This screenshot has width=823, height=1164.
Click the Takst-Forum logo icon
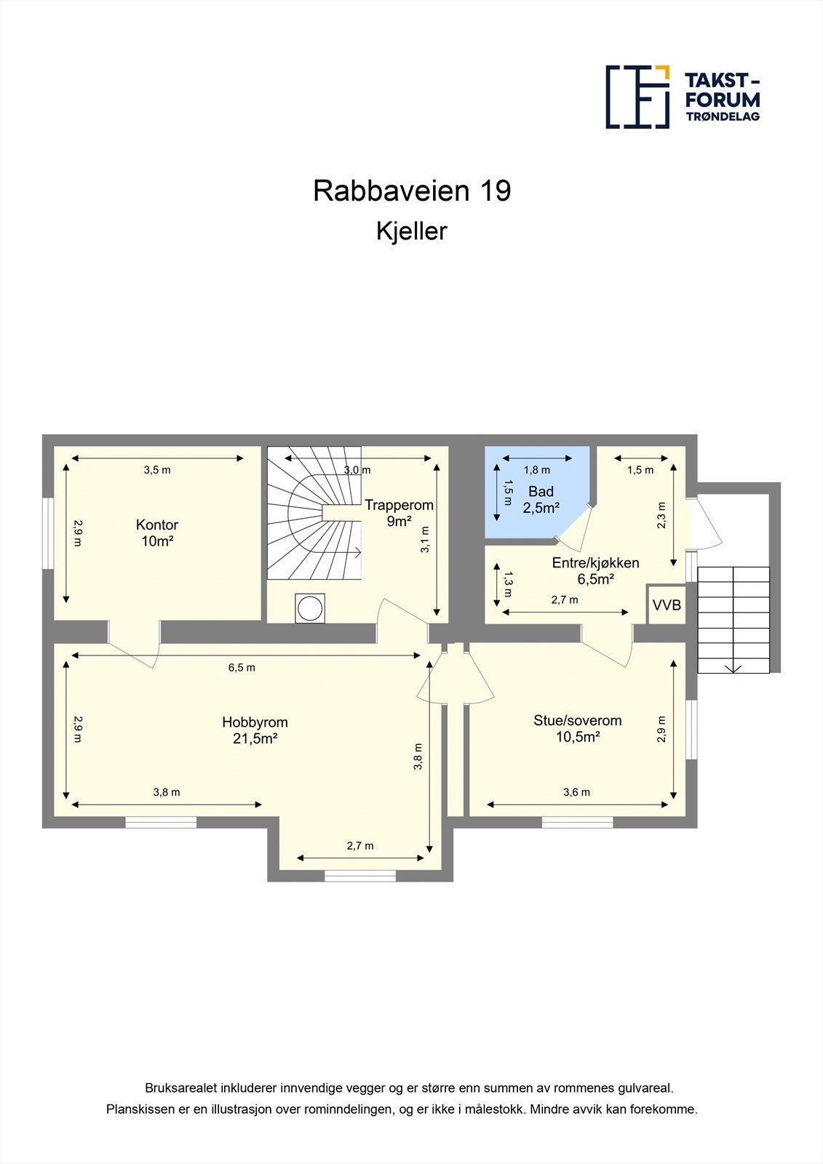click(637, 97)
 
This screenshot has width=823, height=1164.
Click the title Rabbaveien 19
click(412, 191)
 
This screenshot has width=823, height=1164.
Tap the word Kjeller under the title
click(411, 231)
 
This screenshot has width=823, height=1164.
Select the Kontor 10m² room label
click(156, 533)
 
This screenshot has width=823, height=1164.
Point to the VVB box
click(667, 605)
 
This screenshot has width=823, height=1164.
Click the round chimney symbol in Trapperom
click(311, 608)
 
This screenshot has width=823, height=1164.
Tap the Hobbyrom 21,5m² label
click(255, 730)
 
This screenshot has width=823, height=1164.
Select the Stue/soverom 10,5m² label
click(577, 728)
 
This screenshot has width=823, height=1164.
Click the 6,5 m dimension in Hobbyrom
click(242, 667)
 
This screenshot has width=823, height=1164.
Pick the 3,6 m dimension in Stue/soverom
click(576, 792)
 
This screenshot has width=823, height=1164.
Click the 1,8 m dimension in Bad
click(537, 470)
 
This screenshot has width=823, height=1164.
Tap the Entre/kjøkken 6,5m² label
click(595, 570)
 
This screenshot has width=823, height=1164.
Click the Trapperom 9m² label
click(399, 513)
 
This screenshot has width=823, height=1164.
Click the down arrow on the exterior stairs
click(733, 667)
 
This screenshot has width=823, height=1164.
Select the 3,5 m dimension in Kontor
click(157, 470)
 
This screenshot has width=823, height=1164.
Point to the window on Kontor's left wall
click(47, 533)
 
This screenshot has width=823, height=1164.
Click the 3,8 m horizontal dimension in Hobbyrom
click(167, 792)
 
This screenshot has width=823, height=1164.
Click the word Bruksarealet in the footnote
click(179, 1088)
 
